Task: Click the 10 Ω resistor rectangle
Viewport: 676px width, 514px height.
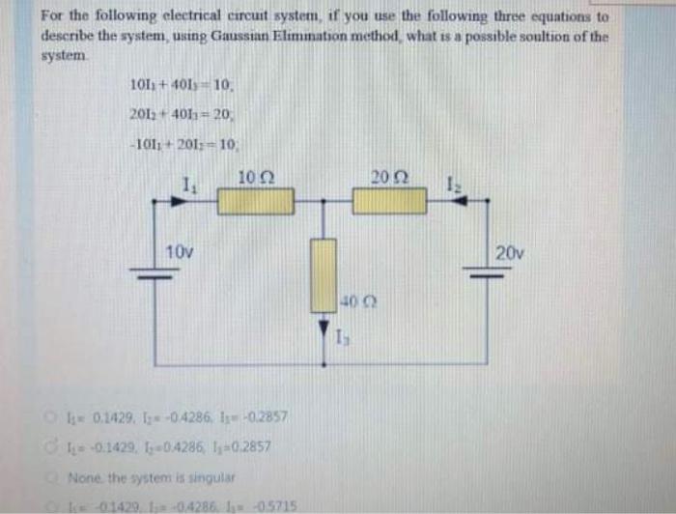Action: coord(254,201)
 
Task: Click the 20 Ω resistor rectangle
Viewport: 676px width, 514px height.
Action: coord(389,201)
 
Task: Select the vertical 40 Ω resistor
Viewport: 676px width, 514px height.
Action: coord(324,275)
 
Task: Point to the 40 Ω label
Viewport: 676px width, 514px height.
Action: coord(353,300)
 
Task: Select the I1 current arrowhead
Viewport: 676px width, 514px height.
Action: coord(178,201)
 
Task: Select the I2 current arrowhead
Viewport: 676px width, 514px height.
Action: coord(463,201)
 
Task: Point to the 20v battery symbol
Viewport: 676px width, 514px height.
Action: coord(479,272)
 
